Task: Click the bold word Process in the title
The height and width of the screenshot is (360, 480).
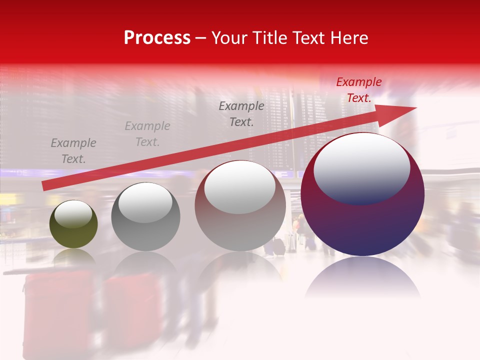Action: pos(157,38)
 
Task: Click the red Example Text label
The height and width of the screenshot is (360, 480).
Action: pos(358,90)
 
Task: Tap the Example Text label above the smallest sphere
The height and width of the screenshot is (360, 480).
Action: pos(73,151)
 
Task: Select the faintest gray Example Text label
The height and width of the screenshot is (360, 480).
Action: pos(147,134)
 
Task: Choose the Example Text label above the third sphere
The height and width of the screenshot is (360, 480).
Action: pos(241,113)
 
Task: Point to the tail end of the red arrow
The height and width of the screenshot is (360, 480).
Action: pos(44,186)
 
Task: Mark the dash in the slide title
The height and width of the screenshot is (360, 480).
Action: pos(201,38)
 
